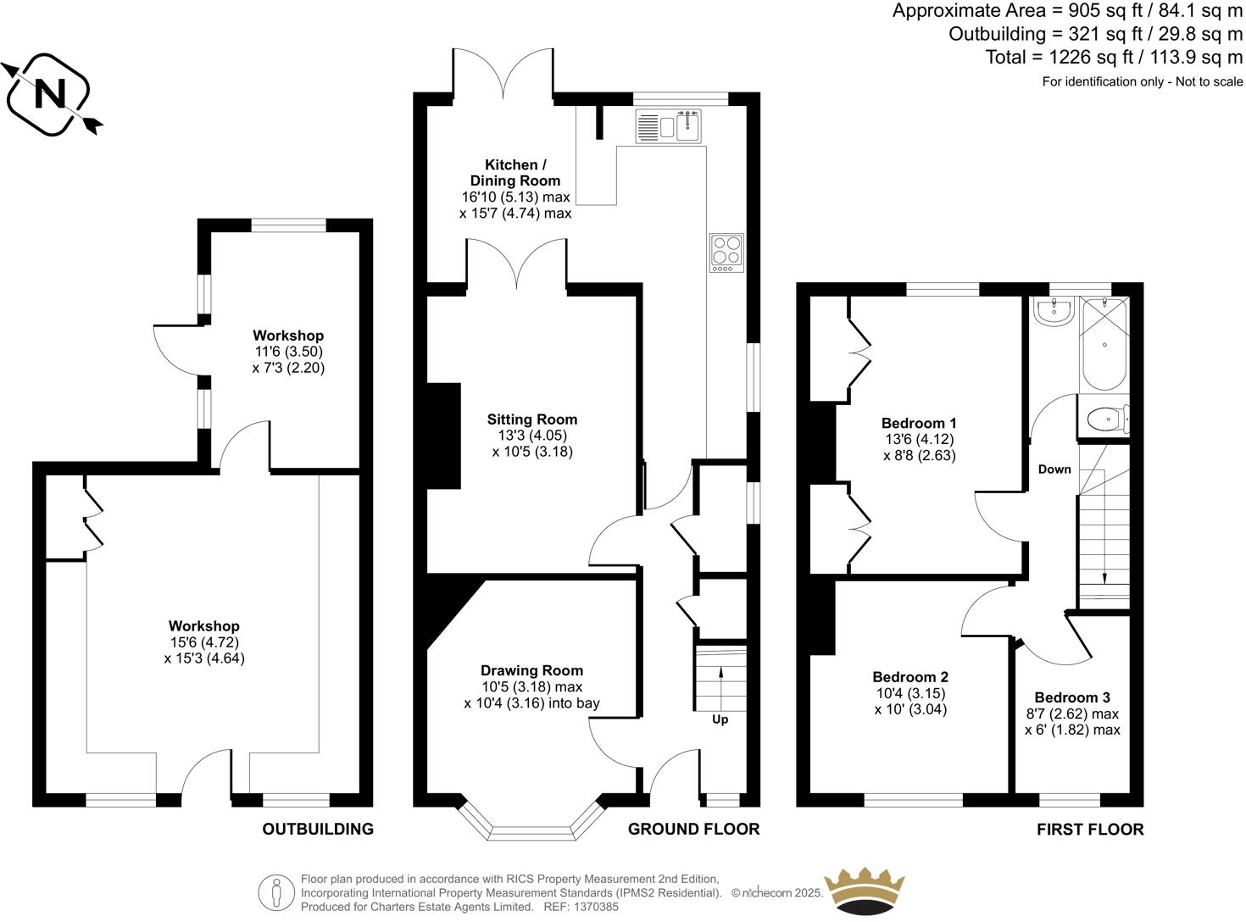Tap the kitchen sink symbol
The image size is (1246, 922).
coord(670,127)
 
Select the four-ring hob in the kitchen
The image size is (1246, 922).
coord(726,253)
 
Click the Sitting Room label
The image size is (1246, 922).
coord(532,419)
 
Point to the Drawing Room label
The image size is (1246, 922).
coord(531,670)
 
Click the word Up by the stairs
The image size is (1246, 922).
coord(720,719)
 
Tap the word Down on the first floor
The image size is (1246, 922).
coord(1054,469)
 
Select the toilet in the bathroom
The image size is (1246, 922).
coord(1105,419)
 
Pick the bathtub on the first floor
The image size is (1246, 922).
coord(1104,344)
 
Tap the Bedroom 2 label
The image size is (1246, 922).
coord(910,677)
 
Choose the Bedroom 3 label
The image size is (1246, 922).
coord(1071,697)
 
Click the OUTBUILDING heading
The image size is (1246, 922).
coord(317,829)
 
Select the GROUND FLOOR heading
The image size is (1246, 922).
coord(693,829)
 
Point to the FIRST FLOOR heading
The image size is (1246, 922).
coord(1090,829)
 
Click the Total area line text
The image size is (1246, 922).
coord(1114,57)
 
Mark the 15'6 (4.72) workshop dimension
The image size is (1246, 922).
coord(203,642)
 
